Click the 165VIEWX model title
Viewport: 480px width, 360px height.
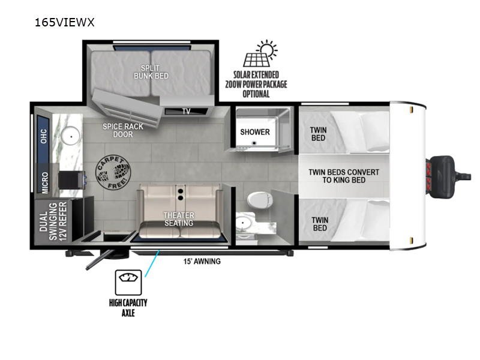tap(65, 22)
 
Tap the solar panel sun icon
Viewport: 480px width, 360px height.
tap(260, 53)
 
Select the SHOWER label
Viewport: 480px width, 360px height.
tap(255, 132)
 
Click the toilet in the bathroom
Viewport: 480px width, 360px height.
tap(260, 200)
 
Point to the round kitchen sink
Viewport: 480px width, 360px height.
tap(70, 136)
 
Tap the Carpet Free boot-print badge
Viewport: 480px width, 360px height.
tap(113, 172)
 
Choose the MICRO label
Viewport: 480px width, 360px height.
tap(44, 182)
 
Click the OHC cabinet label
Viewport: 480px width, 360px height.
tap(44, 136)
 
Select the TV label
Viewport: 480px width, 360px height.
tap(186, 111)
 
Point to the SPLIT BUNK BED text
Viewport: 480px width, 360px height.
tap(151, 72)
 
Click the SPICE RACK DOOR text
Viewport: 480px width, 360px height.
tap(123, 130)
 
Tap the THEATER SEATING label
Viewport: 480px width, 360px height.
tap(179, 219)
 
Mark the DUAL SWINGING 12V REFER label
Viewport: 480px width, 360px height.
tap(53, 221)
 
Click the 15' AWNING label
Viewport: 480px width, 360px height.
tap(202, 261)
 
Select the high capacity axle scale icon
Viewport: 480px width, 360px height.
tap(128, 282)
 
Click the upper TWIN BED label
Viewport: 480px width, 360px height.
tap(319, 134)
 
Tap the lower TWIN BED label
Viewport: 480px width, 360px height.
tap(320, 224)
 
